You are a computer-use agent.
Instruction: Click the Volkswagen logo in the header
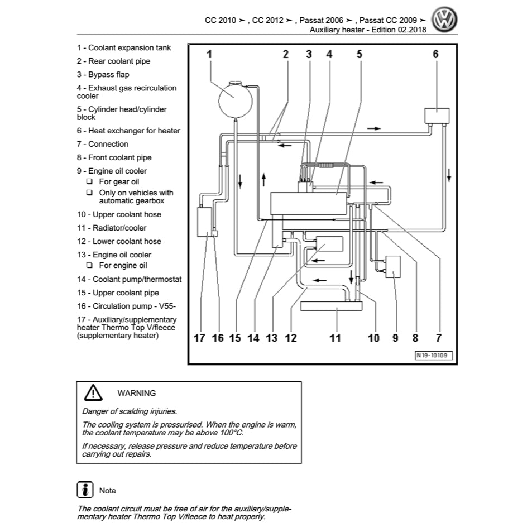click(x=445, y=21)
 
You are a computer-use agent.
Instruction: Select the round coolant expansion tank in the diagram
click(x=234, y=99)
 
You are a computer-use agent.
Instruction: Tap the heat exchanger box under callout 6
click(x=437, y=116)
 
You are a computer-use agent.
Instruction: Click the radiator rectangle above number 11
click(x=331, y=305)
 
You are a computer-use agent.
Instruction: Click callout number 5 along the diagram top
click(x=360, y=54)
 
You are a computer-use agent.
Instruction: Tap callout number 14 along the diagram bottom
click(x=253, y=338)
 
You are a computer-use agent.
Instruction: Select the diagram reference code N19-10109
click(x=434, y=355)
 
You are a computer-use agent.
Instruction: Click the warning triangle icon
click(x=93, y=393)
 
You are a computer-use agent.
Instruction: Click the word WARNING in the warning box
click(x=137, y=393)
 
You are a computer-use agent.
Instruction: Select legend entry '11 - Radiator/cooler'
click(x=112, y=228)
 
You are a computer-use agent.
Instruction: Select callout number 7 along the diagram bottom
click(x=438, y=338)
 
